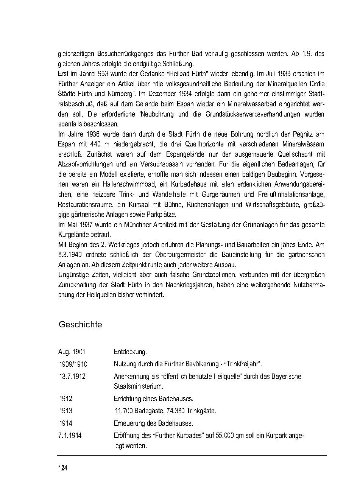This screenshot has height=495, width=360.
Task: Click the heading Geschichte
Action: point(80,325)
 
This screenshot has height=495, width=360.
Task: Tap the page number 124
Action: point(63,469)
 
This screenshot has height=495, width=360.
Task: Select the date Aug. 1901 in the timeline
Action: point(72,352)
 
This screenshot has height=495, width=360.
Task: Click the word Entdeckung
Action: point(130,352)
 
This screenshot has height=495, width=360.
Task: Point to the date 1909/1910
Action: point(73,364)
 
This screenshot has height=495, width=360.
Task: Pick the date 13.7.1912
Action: point(72,377)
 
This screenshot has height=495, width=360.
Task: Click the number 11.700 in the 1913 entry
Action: point(126,411)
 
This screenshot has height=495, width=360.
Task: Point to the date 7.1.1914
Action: point(70,436)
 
